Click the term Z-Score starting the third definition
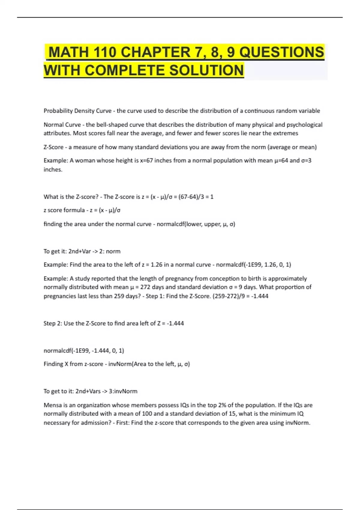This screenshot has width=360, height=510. (x=53, y=147)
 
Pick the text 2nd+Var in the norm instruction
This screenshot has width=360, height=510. (x=79, y=251)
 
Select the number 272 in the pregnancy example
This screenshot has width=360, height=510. (x=145, y=287)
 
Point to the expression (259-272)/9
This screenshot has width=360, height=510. (x=230, y=296)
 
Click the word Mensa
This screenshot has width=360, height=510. (x=52, y=405)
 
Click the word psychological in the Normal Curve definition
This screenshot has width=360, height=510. (x=304, y=124)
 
